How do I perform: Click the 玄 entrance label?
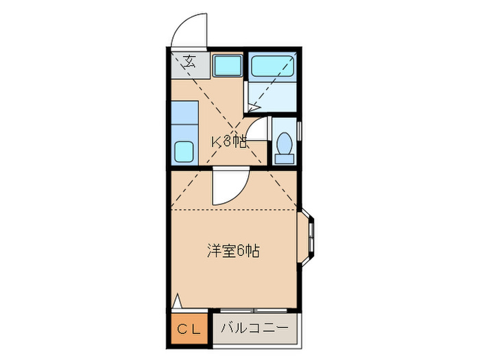tap(189, 60)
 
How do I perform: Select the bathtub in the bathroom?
tap(272, 66)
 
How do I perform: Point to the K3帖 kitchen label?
tap(228, 142)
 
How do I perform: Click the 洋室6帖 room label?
tap(232, 250)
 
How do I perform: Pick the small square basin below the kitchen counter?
tap(184, 151)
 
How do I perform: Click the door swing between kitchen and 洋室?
tap(227, 187)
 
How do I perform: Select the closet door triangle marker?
tap(177, 300)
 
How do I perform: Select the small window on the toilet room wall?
tap(300, 130)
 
